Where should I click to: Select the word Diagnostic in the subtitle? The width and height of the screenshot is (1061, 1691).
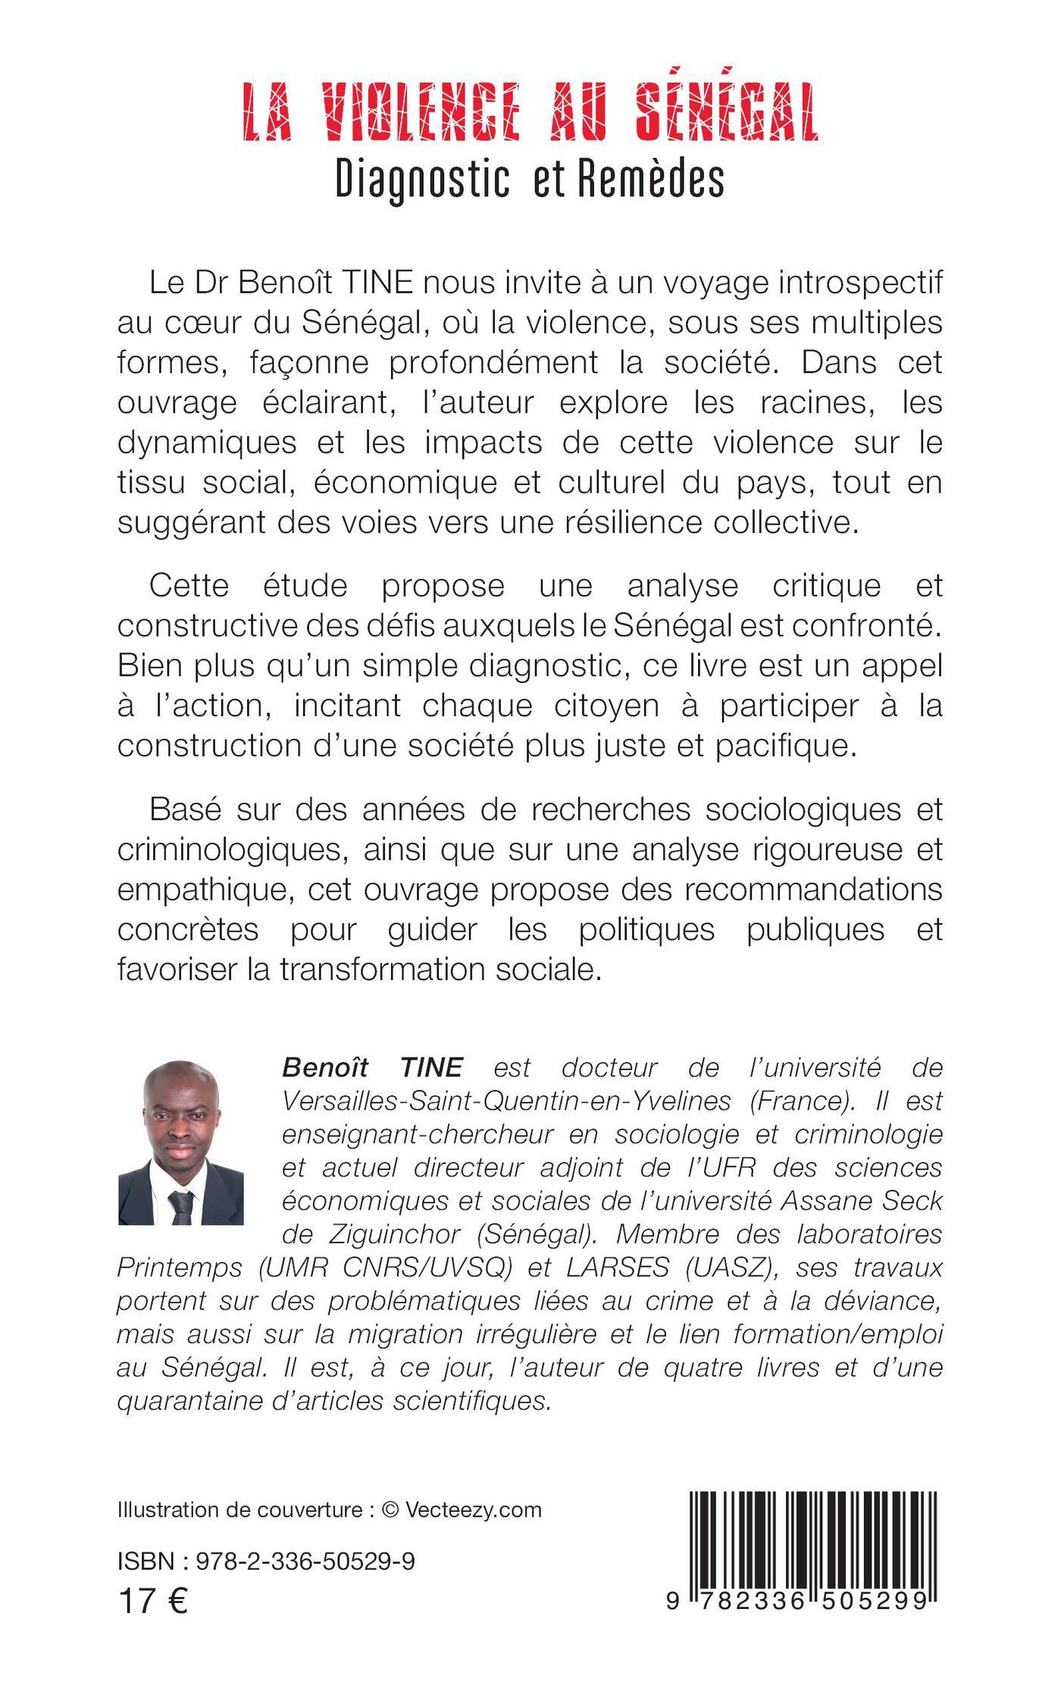(x=420, y=180)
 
